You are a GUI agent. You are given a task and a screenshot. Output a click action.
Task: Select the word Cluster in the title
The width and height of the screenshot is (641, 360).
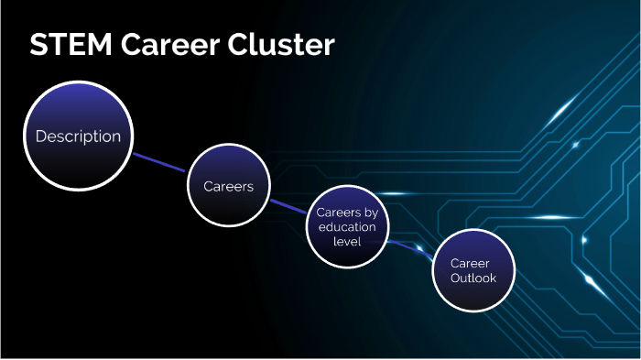click(286, 45)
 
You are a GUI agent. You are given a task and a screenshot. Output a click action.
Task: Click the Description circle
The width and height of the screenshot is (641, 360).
click(78, 136)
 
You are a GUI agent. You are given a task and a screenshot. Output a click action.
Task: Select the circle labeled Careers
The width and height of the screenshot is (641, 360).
click(228, 186)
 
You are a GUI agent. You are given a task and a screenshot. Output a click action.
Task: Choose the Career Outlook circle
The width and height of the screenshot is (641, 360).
click(473, 269)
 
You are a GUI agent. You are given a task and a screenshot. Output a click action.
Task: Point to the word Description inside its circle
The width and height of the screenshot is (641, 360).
click(78, 136)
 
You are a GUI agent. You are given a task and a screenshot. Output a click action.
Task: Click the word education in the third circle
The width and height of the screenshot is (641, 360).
click(347, 227)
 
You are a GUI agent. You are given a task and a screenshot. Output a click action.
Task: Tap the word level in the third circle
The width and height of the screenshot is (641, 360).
click(347, 242)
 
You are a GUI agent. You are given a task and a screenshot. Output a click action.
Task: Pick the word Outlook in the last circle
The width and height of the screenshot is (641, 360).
click(473, 277)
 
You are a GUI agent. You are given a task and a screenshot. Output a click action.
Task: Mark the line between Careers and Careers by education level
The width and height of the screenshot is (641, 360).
click(288, 207)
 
